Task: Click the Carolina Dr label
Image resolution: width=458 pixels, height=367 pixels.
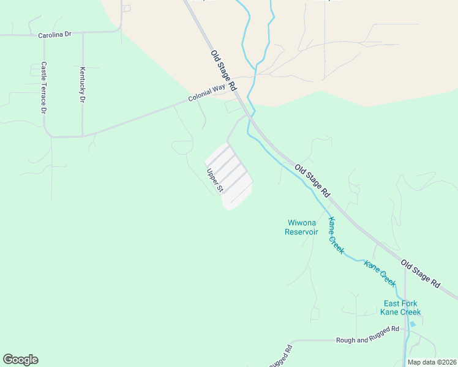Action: point(54,35)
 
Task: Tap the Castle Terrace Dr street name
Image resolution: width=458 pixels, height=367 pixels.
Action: point(44,87)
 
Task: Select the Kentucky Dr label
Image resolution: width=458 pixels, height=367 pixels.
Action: point(82,84)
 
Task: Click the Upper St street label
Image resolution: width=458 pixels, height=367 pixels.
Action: point(214,182)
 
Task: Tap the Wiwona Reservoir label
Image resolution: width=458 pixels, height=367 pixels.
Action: point(302,227)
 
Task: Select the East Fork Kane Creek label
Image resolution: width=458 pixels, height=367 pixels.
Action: point(400,308)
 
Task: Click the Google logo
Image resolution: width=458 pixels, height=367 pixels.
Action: point(20,360)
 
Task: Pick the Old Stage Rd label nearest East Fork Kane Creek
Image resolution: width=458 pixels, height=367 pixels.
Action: point(421,274)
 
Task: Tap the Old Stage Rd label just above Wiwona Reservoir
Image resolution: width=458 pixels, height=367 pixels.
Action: point(312,180)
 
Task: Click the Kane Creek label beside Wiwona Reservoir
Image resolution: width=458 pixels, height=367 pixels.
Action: point(336,236)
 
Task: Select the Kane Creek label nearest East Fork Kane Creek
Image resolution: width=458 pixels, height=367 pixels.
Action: point(380,273)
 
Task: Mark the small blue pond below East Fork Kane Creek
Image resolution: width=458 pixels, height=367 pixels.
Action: point(412,324)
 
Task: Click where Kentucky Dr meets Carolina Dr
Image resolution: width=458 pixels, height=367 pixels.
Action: point(82,33)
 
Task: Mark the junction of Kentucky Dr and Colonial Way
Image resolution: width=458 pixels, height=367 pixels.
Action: point(83,136)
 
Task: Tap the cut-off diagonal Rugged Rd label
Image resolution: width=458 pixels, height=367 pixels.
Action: point(280,358)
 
